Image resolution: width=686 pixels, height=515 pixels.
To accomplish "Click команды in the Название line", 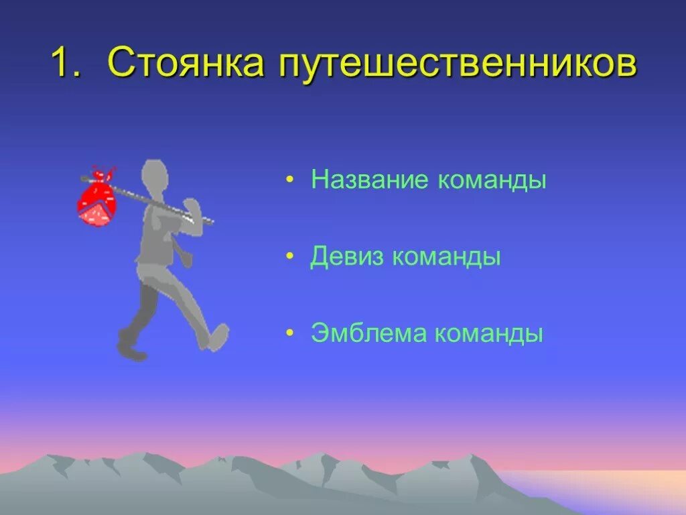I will (x=492, y=181).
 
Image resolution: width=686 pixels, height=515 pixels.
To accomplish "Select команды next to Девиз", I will (x=447, y=257).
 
